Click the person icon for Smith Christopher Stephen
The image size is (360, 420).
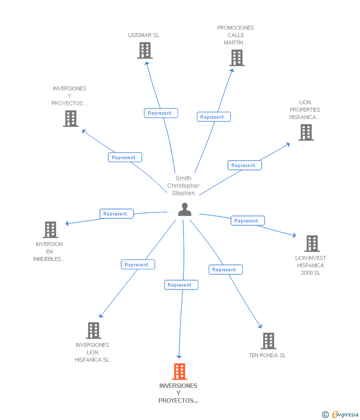coord(184,210)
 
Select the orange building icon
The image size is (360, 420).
coord(179,371)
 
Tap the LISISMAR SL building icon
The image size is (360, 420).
coord(145,50)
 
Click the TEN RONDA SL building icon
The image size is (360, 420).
coord(268,341)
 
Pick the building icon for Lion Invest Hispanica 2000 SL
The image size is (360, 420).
coord(312,244)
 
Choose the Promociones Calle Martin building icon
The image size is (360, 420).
coord(237,58)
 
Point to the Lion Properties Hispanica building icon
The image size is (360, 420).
coord(306,132)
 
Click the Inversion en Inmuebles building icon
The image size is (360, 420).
coord(50,230)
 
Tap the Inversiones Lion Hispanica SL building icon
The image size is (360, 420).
coord(93,331)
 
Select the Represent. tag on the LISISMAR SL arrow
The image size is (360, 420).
coord(161,113)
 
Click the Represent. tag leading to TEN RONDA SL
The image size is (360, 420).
coord(225,270)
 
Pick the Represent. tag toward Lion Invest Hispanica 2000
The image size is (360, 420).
coord(248,221)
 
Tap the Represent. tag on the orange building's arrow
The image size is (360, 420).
coord(181,285)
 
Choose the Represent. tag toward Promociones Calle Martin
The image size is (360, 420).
coord(214,117)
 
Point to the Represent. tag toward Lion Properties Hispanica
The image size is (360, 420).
coord(244,166)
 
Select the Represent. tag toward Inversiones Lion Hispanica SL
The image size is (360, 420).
coord(138,265)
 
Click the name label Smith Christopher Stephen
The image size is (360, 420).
coord(183,186)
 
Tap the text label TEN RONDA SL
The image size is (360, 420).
coord(268,355)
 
